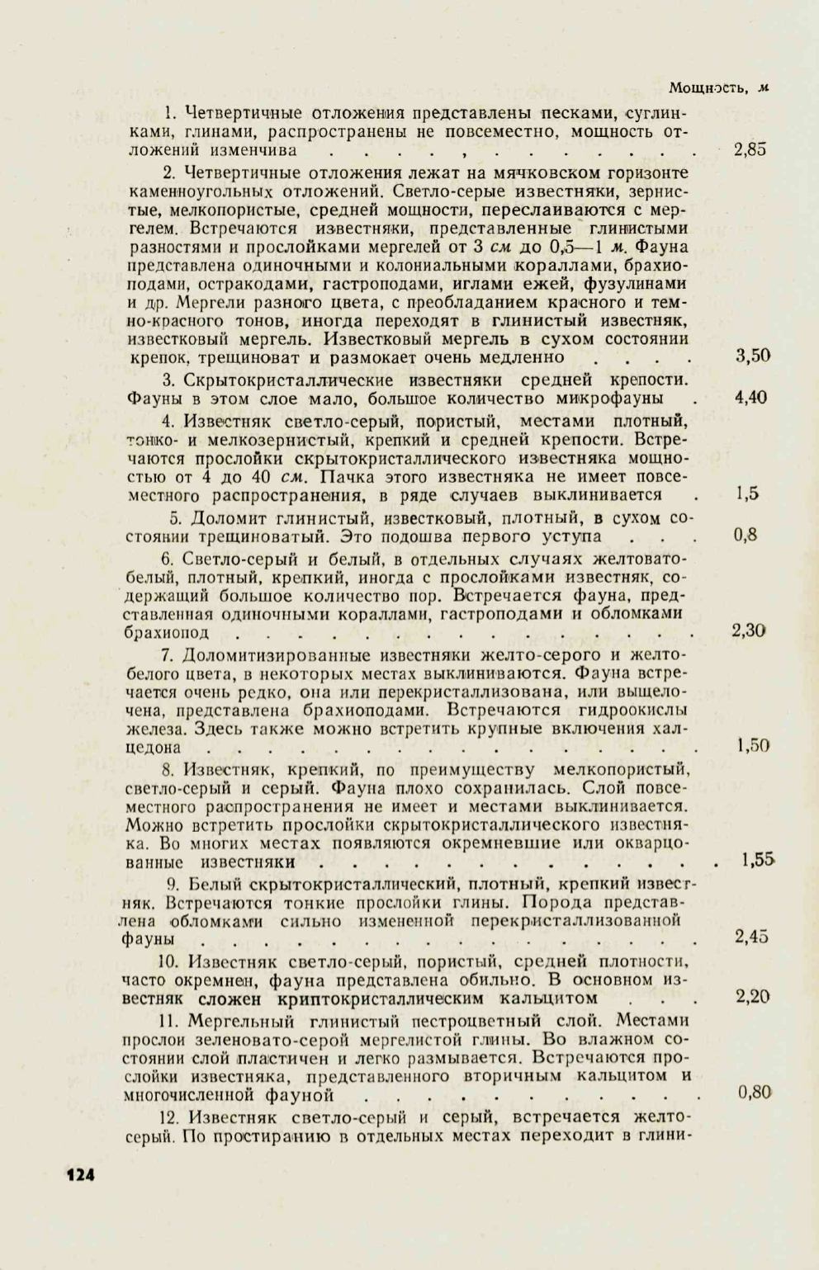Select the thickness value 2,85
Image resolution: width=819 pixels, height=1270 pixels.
tap(750, 150)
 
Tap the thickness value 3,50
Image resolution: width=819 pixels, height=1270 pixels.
tap(752, 356)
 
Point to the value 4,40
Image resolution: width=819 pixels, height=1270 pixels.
tap(750, 398)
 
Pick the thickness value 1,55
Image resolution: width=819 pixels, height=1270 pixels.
tap(757, 860)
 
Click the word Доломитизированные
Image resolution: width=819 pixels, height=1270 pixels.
tap(276, 656)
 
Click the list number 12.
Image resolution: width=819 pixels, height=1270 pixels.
tap(170, 1118)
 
